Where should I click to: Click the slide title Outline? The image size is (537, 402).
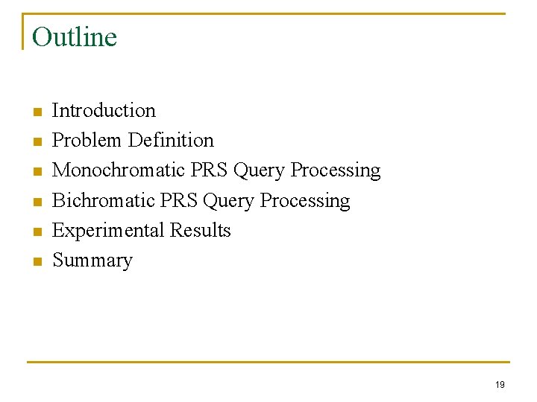75,36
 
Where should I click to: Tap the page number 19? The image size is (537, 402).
500,384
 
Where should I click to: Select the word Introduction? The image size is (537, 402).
104,110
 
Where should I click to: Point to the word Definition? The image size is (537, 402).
171,140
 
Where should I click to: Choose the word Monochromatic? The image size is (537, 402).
119,170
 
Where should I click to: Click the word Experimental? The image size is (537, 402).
108,230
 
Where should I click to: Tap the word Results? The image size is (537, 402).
201,230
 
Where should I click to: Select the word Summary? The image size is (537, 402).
92,261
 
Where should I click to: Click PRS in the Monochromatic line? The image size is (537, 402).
210,170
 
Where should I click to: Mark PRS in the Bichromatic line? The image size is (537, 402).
179,200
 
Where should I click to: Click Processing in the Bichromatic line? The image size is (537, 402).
305,201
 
